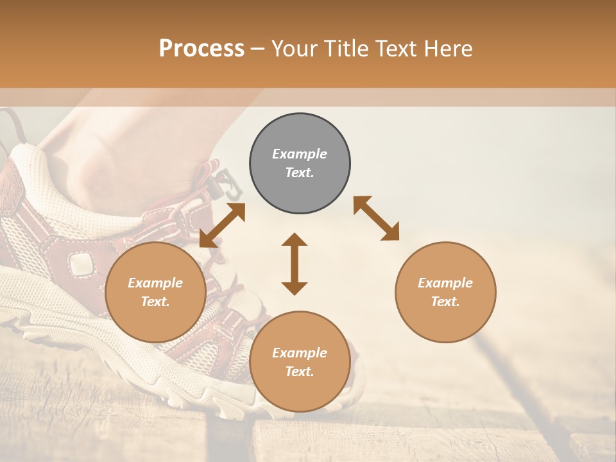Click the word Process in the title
[x=201, y=49]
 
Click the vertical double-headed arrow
[x=295, y=264]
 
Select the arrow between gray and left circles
[x=222, y=225]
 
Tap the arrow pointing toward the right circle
[x=377, y=218]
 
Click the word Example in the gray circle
[x=300, y=154]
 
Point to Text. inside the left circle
[x=155, y=302]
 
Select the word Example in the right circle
[x=445, y=283]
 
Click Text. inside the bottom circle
[x=300, y=372]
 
